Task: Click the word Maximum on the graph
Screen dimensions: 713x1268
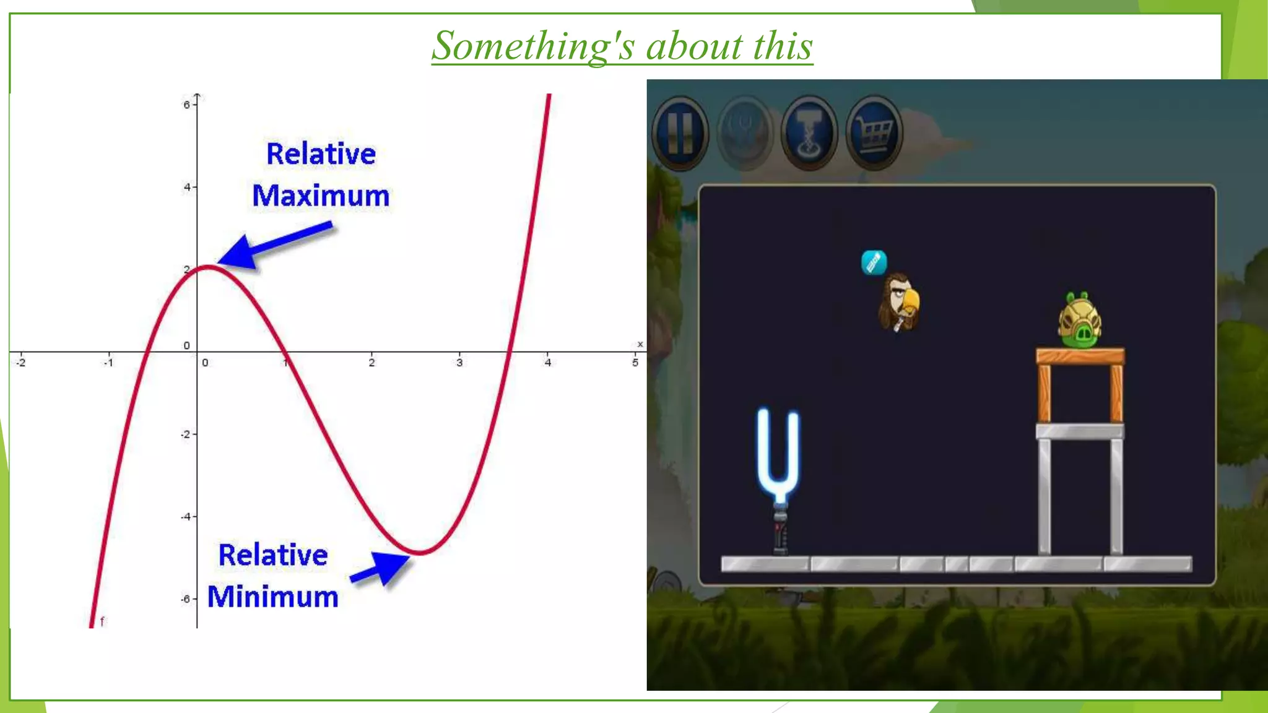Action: tap(321, 196)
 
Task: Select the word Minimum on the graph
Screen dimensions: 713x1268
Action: tap(273, 597)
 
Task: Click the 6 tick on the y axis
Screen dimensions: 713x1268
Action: tap(187, 105)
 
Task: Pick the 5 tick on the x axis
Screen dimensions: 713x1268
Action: tap(635, 363)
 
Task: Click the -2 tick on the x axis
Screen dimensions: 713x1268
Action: tap(21, 363)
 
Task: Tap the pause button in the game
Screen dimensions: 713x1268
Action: tap(680, 132)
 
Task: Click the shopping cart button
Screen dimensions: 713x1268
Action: tap(874, 132)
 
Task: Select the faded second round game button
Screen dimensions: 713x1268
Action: tap(745, 132)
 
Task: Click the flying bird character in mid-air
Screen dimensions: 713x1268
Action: tap(899, 302)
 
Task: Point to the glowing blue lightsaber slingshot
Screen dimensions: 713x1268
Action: tap(779, 458)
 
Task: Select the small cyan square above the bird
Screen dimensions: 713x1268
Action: tap(874, 263)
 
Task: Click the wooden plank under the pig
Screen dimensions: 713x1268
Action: tap(1080, 356)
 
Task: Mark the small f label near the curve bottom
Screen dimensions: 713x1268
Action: tap(102, 620)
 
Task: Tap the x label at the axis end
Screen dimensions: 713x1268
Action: tap(640, 344)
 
